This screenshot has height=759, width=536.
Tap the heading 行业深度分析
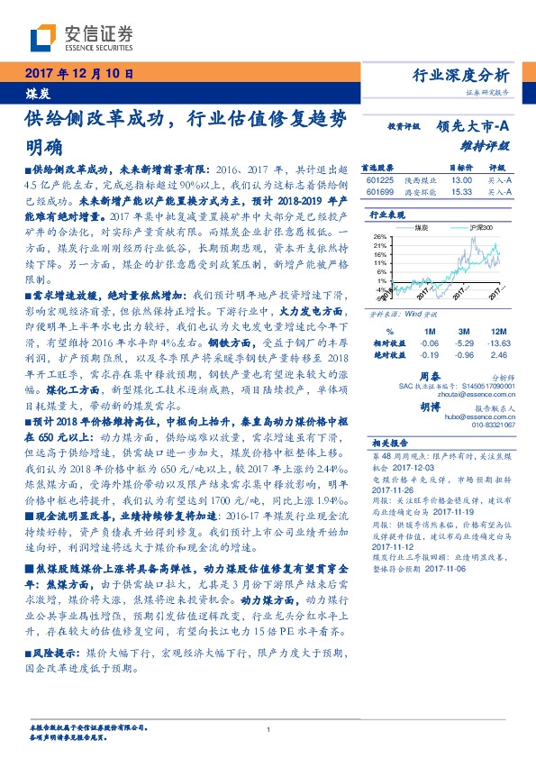466,75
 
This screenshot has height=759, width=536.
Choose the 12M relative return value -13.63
497,343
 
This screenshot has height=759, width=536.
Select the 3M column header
464,332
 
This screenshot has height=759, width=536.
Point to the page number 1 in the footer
268,729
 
